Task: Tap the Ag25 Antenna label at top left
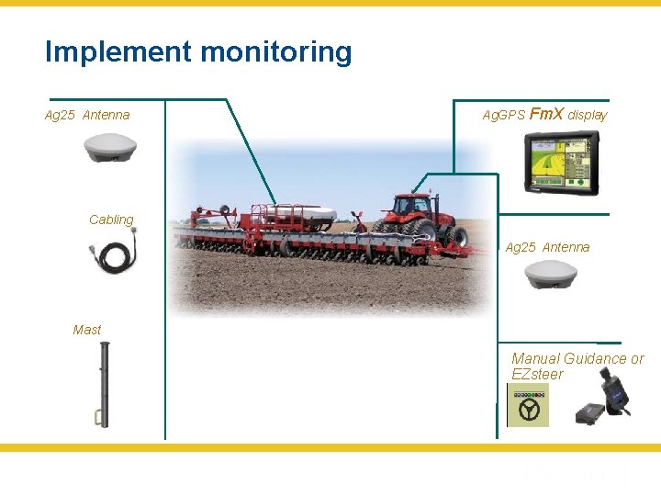[87, 116]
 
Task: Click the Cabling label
[111, 220]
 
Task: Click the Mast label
[87, 330]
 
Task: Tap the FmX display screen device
[561, 163]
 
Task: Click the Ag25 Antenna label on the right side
[547, 248]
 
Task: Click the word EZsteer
[537, 375]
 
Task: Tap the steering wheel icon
[528, 405]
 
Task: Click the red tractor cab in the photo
[411, 204]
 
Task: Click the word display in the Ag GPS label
[588, 116]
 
